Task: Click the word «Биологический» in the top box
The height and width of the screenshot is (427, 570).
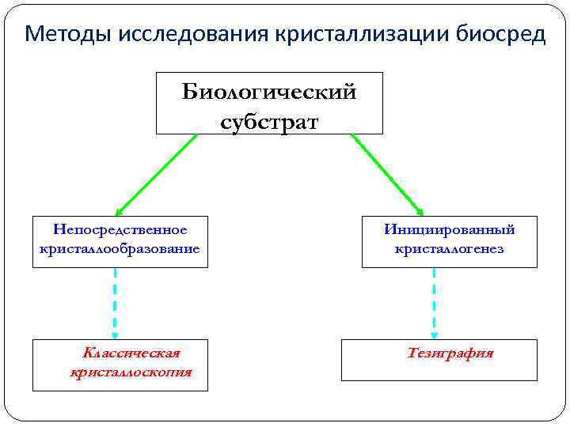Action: click(269, 93)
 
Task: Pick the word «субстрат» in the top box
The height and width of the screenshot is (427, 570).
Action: click(269, 122)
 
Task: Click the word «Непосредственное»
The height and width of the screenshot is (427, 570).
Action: click(120, 229)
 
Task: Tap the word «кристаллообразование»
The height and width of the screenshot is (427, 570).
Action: click(120, 248)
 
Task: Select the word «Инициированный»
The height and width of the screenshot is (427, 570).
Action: click(450, 229)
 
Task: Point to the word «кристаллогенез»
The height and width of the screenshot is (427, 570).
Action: click(450, 248)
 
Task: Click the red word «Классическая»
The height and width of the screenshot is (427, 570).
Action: click(131, 353)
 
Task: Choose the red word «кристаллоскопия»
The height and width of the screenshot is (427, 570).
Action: click(131, 372)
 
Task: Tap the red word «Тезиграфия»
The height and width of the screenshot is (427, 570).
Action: click(450, 353)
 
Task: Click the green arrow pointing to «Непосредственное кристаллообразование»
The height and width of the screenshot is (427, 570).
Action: click(157, 174)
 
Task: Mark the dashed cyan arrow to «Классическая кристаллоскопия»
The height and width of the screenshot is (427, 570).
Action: click(116, 300)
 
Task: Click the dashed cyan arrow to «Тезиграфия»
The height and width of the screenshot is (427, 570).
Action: click(434, 300)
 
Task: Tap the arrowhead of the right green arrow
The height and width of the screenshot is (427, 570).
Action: click(420, 211)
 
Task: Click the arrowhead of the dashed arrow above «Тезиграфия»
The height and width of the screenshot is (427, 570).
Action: click(434, 334)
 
